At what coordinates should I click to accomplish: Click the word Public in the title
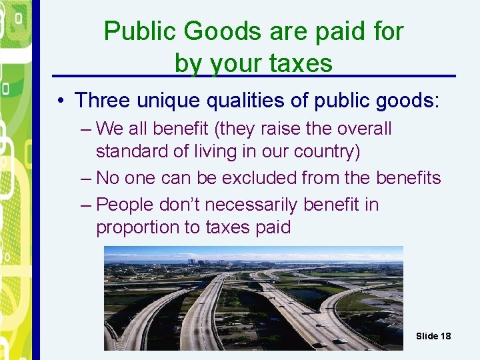point(137,31)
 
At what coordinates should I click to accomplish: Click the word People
point(127,205)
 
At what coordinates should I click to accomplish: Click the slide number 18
point(445,336)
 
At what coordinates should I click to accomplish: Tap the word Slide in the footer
point(427,336)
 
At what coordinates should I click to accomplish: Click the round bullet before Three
point(60,101)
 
